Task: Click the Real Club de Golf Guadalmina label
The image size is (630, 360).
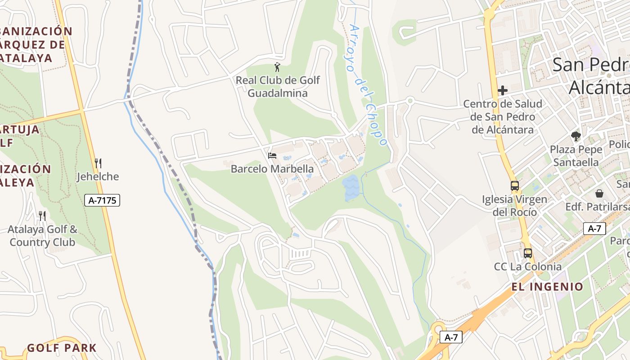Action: (x=278, y=87)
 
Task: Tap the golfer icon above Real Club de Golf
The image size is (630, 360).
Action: (x=277, y=67)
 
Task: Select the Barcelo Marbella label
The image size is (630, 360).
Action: (x=272, y=169)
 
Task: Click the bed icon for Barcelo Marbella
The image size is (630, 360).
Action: (x=272, y=156)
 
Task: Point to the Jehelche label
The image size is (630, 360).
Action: (x=98, y=176)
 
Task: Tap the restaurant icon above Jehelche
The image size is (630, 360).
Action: (x=98, y=163)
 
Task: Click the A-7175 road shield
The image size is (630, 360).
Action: (x=102, y=200)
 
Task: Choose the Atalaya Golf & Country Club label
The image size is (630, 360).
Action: (x=42, y=236)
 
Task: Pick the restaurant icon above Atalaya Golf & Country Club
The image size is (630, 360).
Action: (x=42, y=216)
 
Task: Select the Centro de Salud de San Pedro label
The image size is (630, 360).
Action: (x=503, y=117)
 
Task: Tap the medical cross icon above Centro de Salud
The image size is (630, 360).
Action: (x=503, y=90)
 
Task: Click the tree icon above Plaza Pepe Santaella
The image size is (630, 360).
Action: (x=575, y=136)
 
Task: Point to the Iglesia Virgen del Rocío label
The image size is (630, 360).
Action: (x=514, y=205)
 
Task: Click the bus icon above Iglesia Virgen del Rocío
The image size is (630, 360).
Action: (x=514, y=185)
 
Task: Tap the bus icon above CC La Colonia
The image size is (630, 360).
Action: (x=527, y=253)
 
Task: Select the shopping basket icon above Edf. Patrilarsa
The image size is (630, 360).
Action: (x=599, y=193)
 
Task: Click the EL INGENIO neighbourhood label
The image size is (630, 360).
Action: (x=547, y=287)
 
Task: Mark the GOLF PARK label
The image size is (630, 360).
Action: (x=62, y=348)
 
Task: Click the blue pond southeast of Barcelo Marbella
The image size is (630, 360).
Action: (x=351, y=188)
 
